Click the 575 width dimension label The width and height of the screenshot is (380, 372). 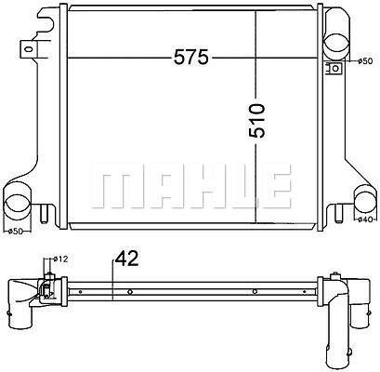click(191, 58)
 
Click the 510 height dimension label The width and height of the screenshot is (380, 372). click(257, 121)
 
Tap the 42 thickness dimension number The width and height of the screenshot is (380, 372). click(126, 259)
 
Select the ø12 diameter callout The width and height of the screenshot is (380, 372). click(60, 259)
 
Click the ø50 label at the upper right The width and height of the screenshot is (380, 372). click(365, 61)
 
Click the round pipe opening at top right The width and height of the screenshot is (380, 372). click(337, 43)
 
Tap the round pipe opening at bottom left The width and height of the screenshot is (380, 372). click(18, 204)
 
